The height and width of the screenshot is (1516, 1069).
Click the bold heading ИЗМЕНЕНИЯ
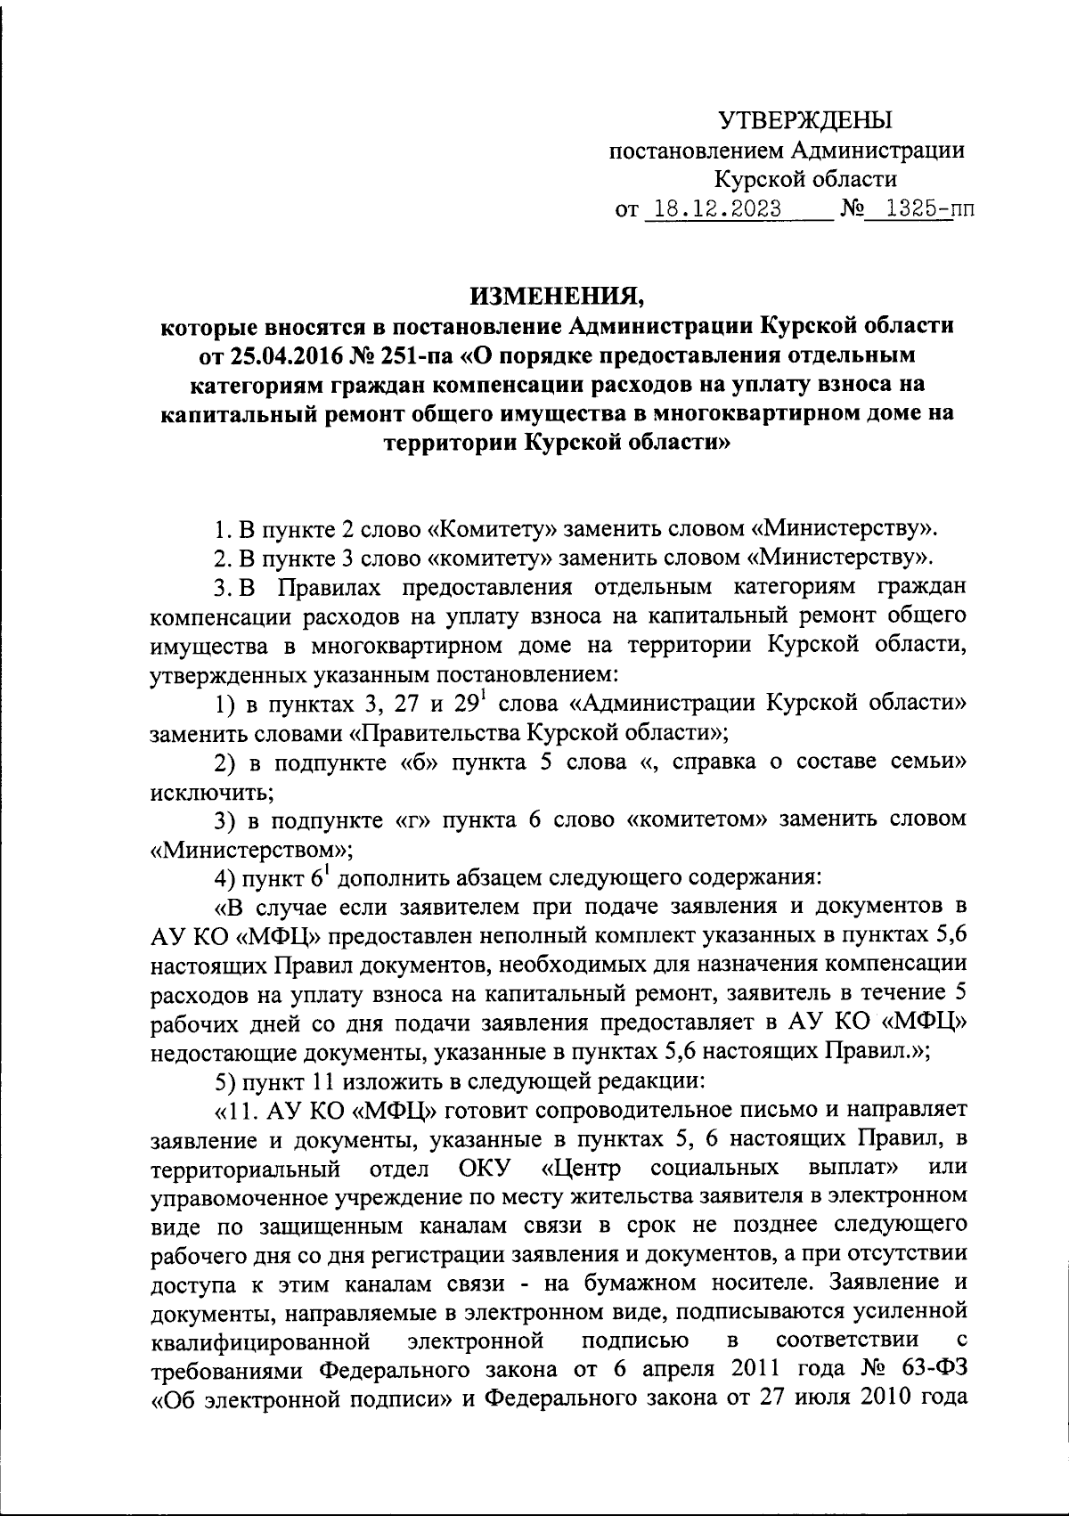557,295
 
